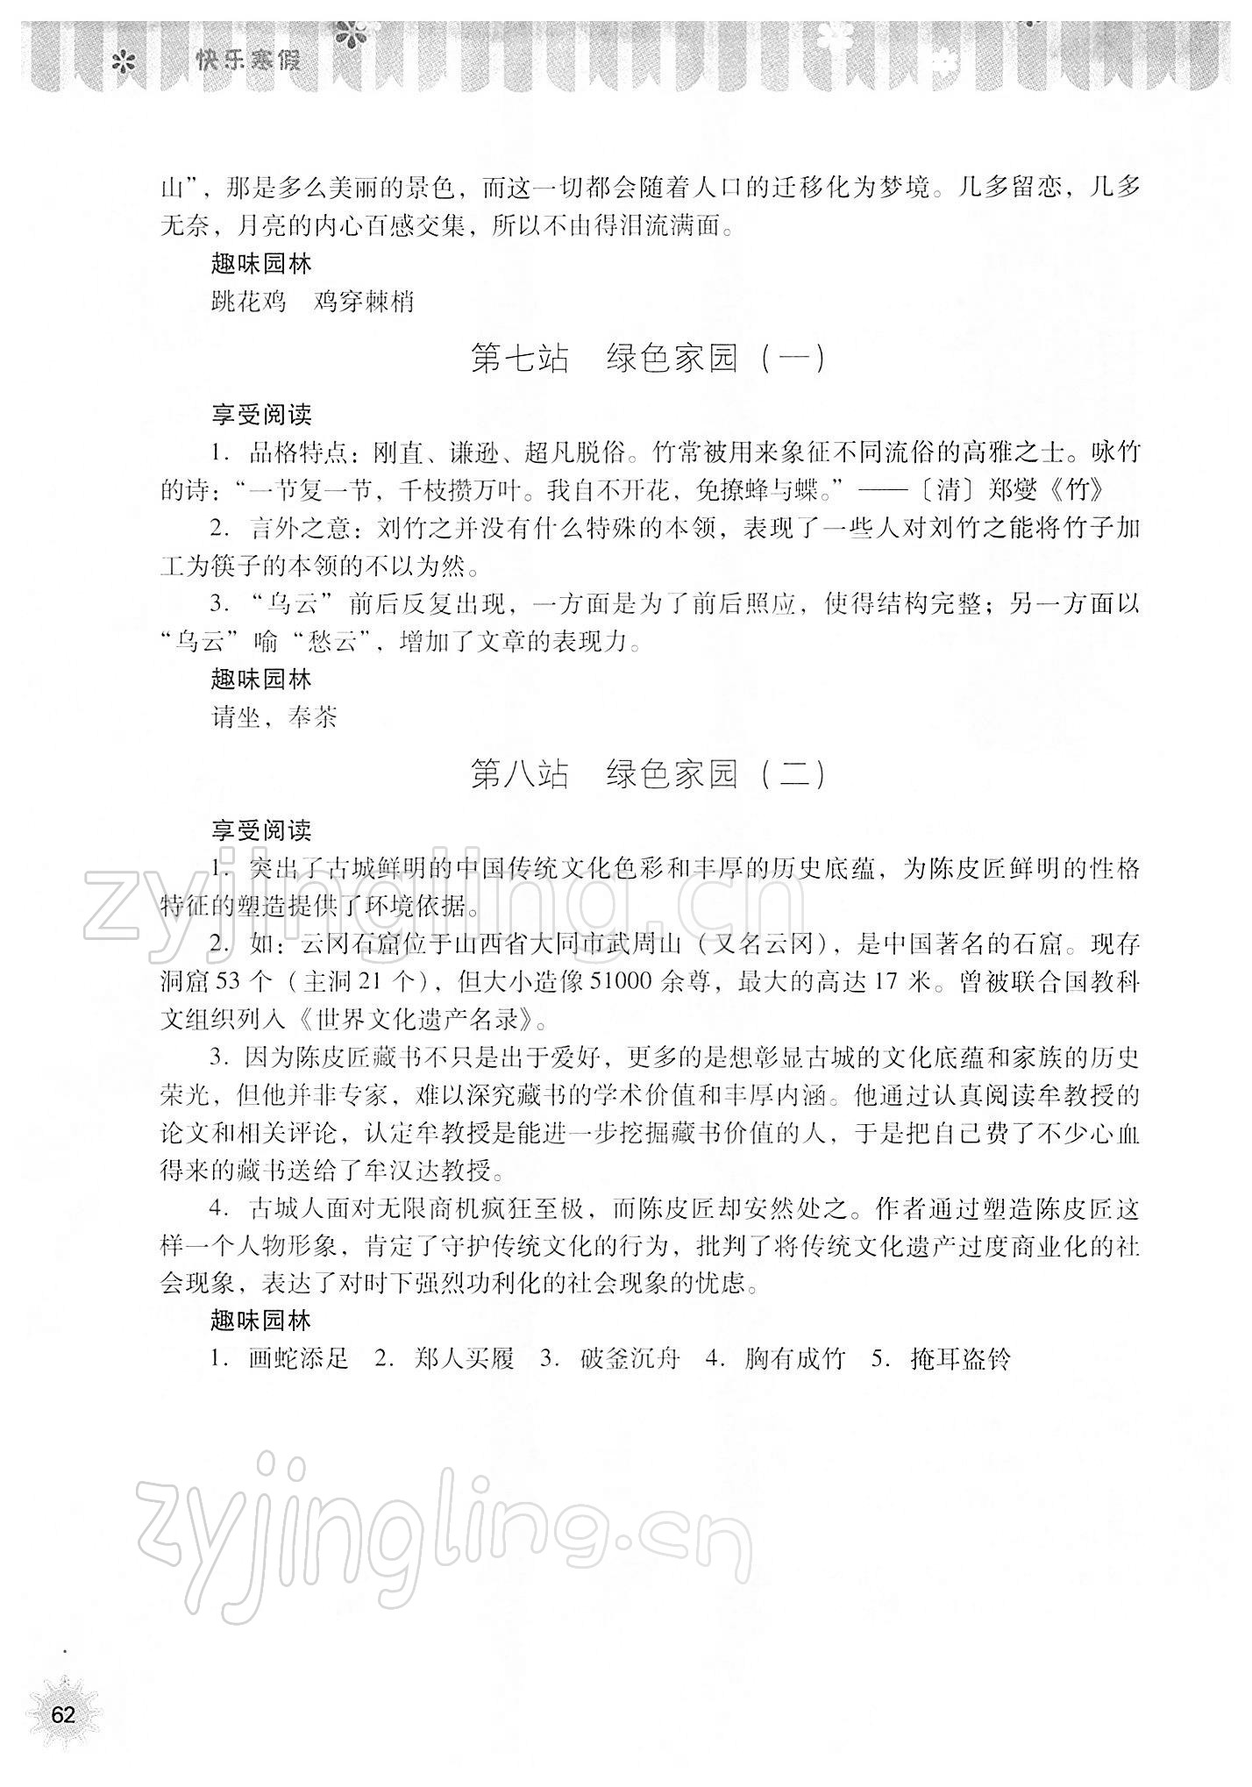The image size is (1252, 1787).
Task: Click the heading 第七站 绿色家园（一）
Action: (648, 360)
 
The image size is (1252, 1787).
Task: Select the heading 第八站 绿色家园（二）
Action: (648, 774)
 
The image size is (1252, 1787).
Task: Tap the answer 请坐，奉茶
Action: (274, 718)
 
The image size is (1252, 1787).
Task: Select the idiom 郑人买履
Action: (464, 1359)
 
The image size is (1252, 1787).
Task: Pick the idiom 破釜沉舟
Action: (630, 1359)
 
